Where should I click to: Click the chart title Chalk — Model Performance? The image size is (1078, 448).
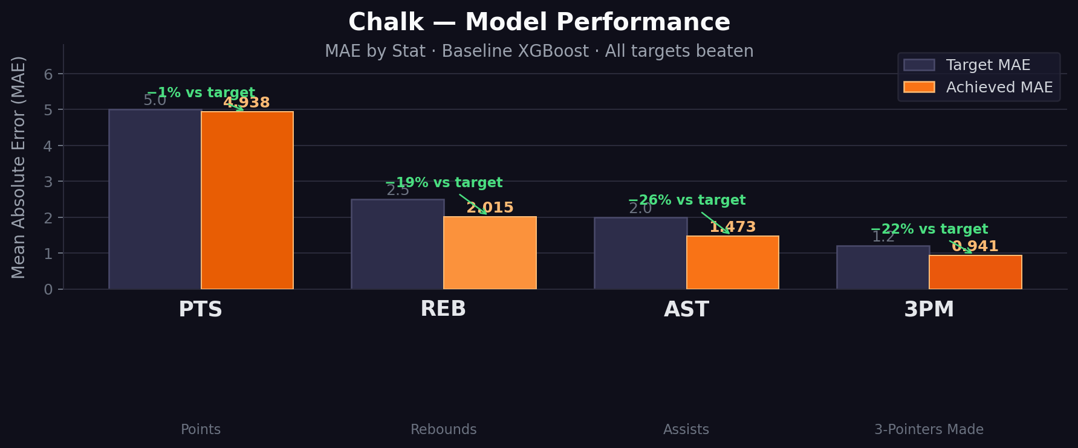[539, 23]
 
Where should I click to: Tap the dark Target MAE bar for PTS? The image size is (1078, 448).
[155, 199]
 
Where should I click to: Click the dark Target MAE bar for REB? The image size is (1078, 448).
[397, 244]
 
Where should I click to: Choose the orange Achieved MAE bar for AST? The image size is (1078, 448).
[732, 262]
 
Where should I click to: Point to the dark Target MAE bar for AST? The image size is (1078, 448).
[640, 253]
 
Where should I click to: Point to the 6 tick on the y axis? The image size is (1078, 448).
[48, 74]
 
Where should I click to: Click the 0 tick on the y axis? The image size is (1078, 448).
[48, 290]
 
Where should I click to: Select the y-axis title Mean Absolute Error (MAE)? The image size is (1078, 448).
[19, 167]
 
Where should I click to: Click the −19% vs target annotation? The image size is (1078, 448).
[444, 183]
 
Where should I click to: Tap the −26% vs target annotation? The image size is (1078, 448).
[687, 200]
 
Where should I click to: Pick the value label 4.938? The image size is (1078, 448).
[247, 103]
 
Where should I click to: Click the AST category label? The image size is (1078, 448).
[686, 310]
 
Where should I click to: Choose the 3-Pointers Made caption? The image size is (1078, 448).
[929, 430]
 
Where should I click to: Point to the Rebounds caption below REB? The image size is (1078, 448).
[443, 430]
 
